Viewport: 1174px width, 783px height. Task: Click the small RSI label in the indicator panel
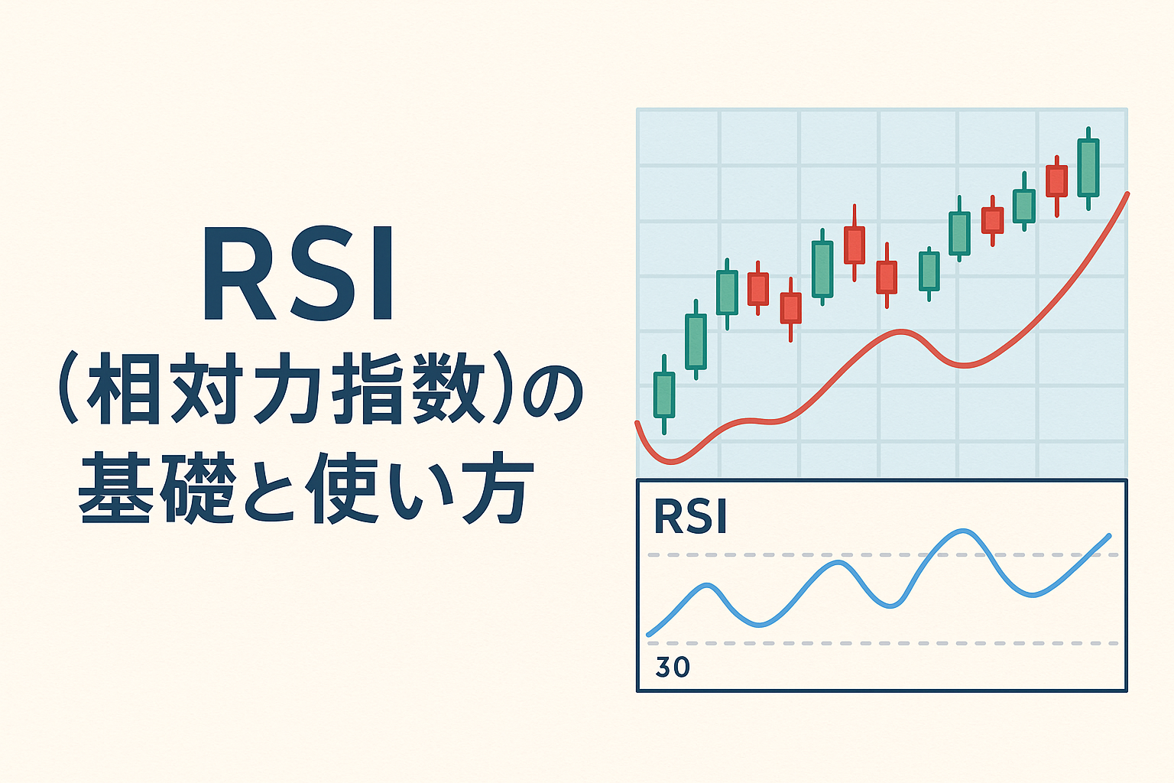pyautogui.click(x=690, y=518)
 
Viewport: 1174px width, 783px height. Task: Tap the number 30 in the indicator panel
pyautogui.click(x=673, y=667)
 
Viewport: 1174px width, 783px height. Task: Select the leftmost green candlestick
pyautogui.click(x=664, y=395)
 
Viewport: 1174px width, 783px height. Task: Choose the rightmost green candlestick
pyautogui.click(x=1088, y=167)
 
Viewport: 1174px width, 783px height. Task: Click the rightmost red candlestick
pyautogui.click(x=1056, y=181)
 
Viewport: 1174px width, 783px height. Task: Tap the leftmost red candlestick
pyautogui.click(x=757, y=289)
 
